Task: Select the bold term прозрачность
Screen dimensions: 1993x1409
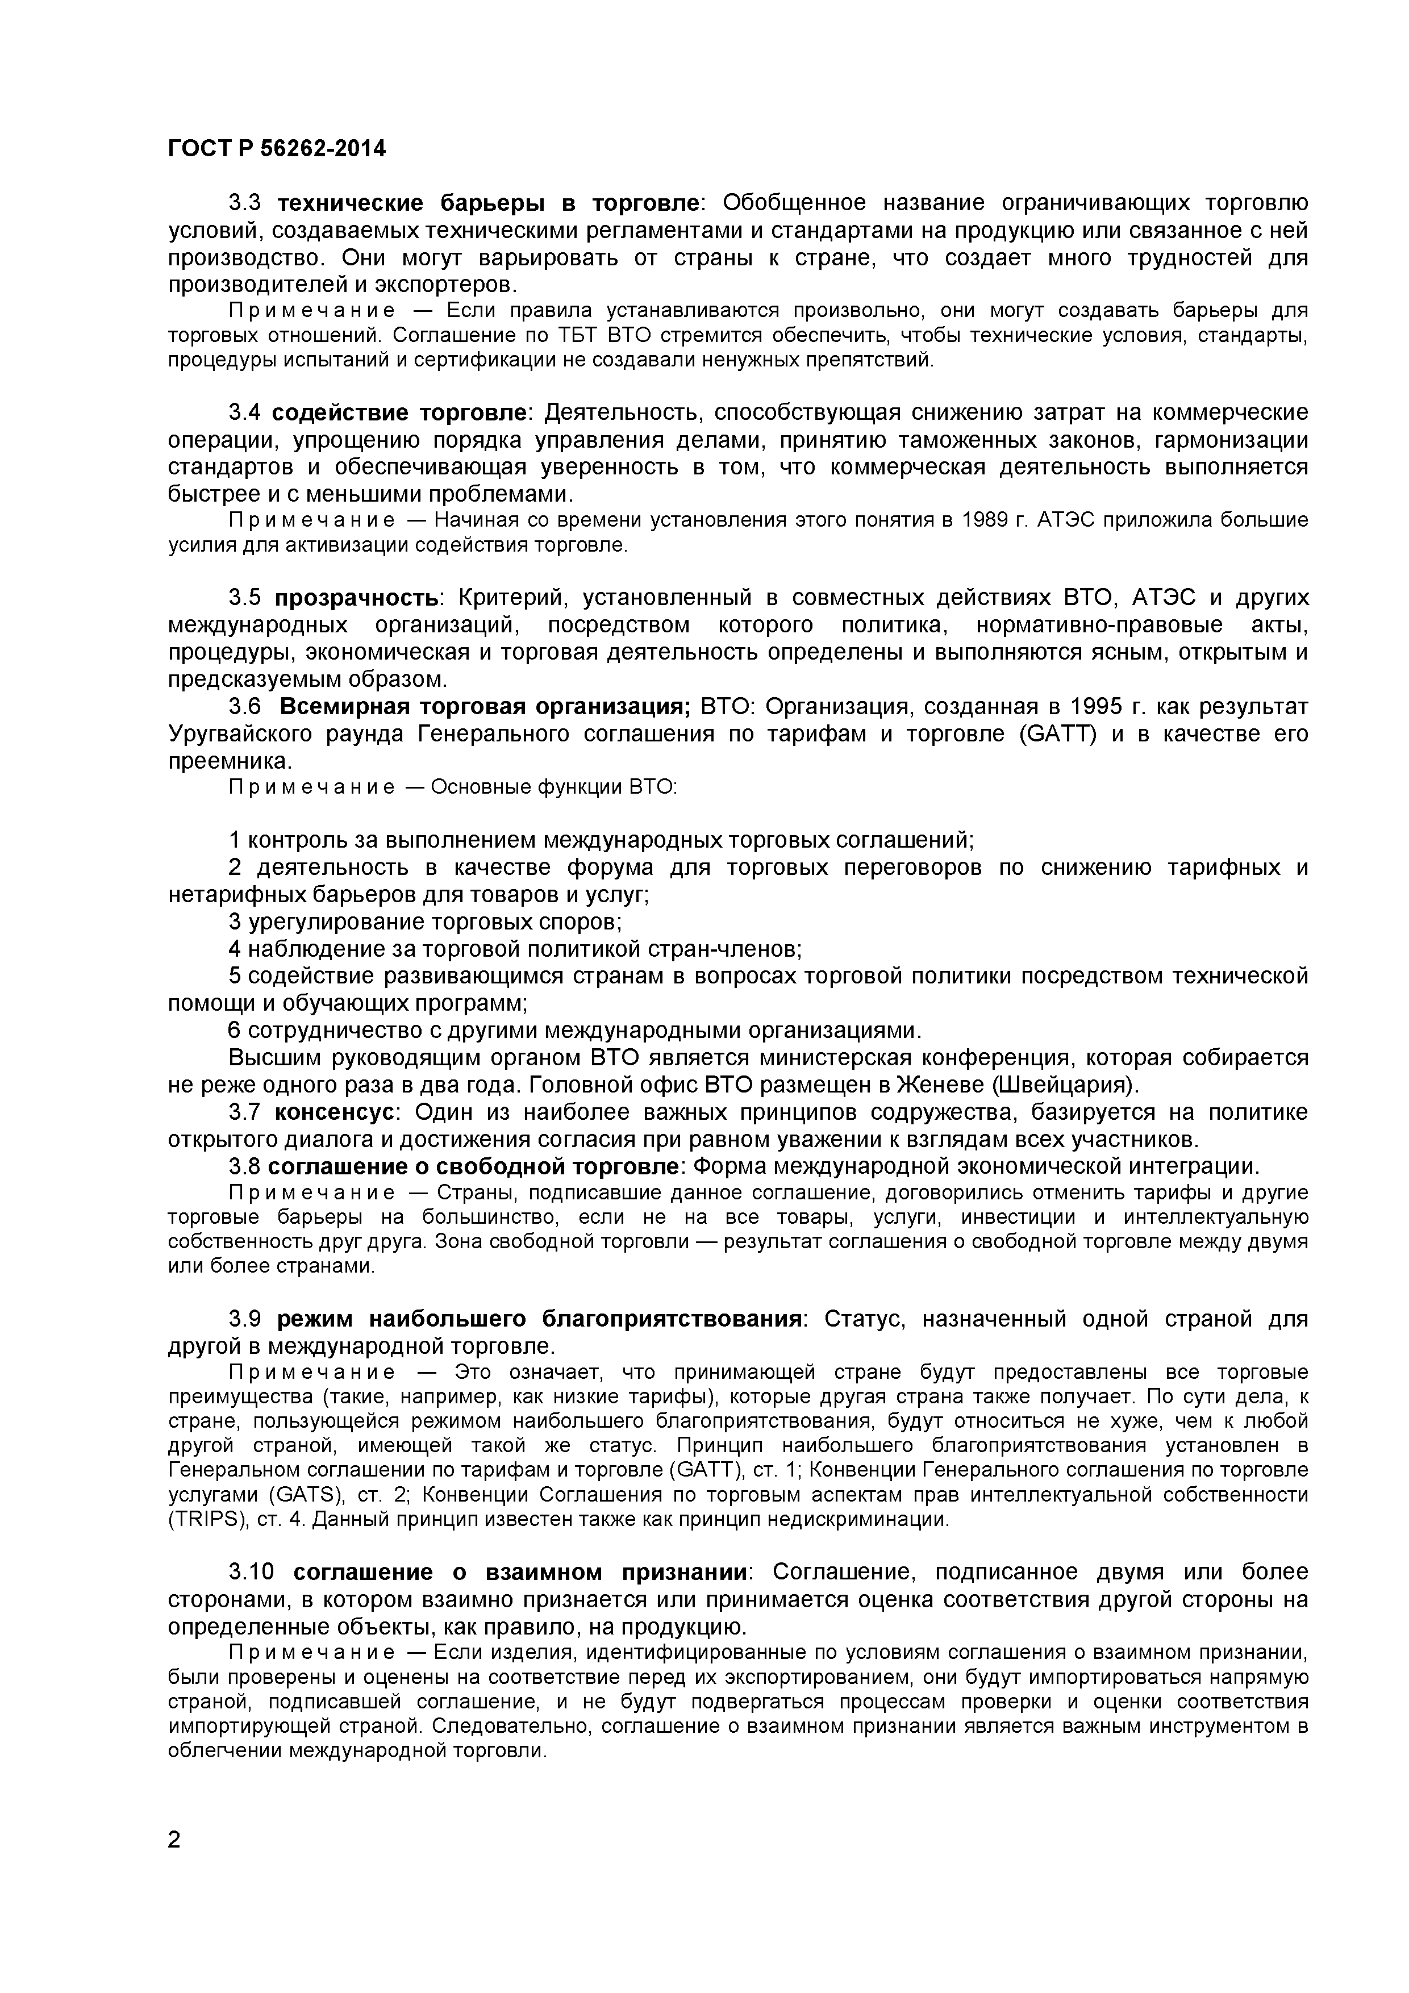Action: tap(356, 598)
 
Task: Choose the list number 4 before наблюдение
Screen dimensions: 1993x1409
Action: tap(235, 949)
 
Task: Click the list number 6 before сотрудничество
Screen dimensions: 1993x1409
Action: tap(235, 1031)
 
